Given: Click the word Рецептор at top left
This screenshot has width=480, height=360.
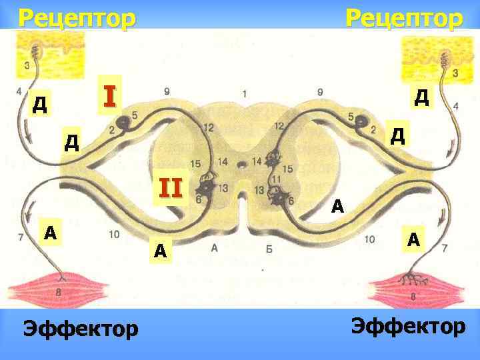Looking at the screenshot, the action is tap(76, 17).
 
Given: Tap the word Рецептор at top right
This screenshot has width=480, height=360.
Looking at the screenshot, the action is tap(403, 17).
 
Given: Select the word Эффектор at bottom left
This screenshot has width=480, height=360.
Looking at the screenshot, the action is tap(81, 328).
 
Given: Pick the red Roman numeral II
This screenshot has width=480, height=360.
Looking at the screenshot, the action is tap(170, 189).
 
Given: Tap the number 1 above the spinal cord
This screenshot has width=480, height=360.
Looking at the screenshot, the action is tap(245, 93).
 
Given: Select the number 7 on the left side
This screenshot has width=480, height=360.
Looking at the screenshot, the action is tap(21, 237).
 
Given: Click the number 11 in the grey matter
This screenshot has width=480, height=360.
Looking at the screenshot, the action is tap(275, 179).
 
